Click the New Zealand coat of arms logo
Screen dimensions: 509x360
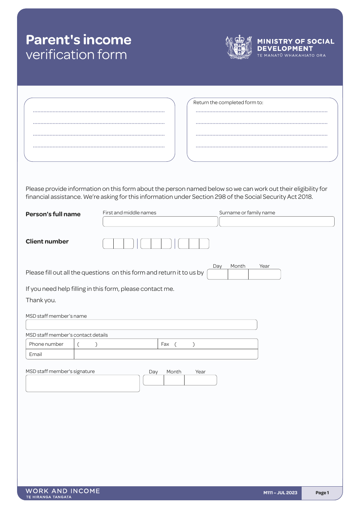[x=239, y=47]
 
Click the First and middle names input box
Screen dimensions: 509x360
[x=160, y=222]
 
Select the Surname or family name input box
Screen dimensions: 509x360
[x=277, y=222]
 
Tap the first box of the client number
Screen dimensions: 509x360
[x=108, y=244]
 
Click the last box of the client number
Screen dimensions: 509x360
[x=204, y=244]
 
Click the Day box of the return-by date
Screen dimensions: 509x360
[x=218, y=275]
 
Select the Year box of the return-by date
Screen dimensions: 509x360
[x=265, y=275]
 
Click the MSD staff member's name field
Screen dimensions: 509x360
[x=141, y=325]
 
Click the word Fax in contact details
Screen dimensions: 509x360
[x=165, y=344]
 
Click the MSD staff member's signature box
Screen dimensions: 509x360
[x=83, y=383]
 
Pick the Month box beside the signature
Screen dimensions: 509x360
[x=174, y=380]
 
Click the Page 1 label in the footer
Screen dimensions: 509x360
[x=322, y=493]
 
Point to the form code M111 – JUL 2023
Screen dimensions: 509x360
[x=280, y=493]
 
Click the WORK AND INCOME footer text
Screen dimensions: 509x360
[x=63, y=491]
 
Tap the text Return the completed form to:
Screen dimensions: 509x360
[x=228, y=102]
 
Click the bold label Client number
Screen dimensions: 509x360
[x=47, y=241]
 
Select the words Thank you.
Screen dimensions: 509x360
[x=41, y=300]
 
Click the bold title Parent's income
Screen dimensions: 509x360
[x=78, y=40]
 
